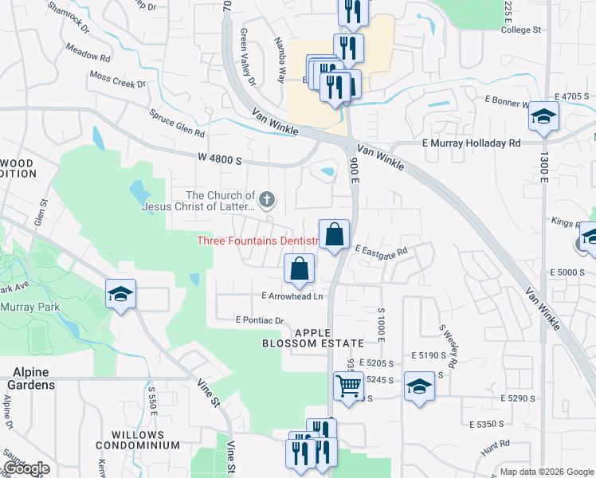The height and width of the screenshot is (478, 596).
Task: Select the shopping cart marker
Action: pos(348,387)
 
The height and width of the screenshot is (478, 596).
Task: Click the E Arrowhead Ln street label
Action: pos(292,296)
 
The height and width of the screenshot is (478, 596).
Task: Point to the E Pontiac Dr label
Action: pos(260,320)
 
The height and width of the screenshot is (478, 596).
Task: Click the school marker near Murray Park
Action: pos(120,295)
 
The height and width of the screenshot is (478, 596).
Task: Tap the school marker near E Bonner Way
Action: pos(543,117)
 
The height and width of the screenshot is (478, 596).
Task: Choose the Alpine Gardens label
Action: pos(30,378)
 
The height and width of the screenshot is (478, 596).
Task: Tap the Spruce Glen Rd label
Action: pos(177,123)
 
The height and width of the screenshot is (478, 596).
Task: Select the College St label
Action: pos(521,29)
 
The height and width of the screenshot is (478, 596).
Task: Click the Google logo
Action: pos(25,468)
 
